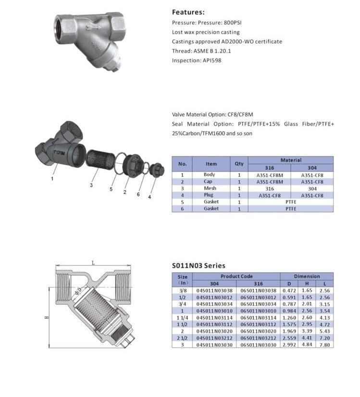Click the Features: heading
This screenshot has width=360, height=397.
pos(188,12)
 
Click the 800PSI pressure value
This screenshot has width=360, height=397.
pos(233,23)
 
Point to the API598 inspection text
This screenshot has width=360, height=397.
pos(212,60)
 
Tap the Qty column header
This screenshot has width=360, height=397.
pos(239,164)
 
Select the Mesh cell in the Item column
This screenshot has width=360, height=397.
pos(210,188)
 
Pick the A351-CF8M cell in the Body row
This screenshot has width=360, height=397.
pos(270,175)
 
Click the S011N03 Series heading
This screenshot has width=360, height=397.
pos(199,265)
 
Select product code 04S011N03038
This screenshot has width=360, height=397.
pos(214,290)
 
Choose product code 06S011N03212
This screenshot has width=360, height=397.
pos(258,338)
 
